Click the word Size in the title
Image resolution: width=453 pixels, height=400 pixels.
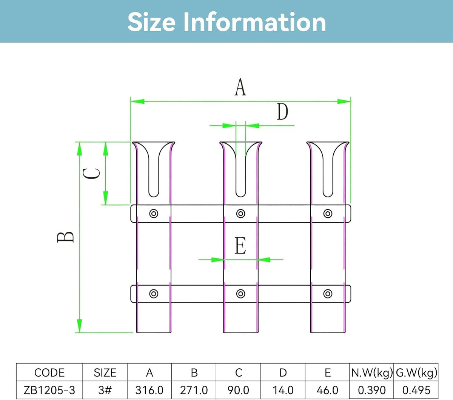151,22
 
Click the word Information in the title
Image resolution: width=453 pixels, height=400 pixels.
254,22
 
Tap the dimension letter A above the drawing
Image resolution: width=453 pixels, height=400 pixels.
240,87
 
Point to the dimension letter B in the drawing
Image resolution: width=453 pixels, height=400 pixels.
65,237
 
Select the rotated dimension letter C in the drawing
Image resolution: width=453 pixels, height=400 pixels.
91,174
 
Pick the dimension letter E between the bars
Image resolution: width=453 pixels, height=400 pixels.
240,246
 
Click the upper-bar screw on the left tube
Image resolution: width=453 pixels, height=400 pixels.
154,214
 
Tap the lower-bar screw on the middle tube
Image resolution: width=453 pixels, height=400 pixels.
240,294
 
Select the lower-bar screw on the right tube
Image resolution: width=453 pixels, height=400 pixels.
328,294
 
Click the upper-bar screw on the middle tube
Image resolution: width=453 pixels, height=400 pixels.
240,214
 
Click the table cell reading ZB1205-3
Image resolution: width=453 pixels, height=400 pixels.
49,390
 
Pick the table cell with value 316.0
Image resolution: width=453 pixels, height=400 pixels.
149,390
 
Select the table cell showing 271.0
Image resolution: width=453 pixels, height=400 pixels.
194,390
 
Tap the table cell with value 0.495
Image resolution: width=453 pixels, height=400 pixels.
416,390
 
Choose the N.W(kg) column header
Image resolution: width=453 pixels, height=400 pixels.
371,372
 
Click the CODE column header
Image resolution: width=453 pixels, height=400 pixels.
49,372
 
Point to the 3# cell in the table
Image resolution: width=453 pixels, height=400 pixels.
105,390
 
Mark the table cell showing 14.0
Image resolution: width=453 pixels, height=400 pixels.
283,390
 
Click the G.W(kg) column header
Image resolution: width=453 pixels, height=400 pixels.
416,372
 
